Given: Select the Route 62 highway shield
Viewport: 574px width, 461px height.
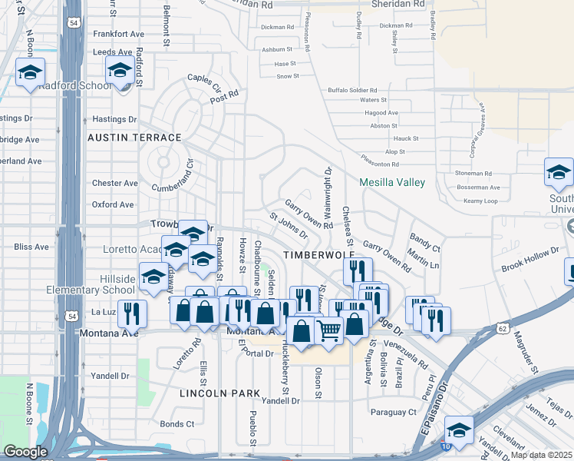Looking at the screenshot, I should pos(501,328).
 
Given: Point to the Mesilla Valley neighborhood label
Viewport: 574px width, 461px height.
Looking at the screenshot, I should pos(392,182).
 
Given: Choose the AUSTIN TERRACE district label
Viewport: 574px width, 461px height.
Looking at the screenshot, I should pos(134,138).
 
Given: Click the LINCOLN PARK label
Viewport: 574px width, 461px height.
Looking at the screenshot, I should pos(220,393).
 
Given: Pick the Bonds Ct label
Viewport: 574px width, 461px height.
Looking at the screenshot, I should pos(177,424).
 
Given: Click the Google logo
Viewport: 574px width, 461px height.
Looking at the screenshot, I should pos(25,452).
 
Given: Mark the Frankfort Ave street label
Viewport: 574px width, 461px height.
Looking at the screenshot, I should pos(118,35).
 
